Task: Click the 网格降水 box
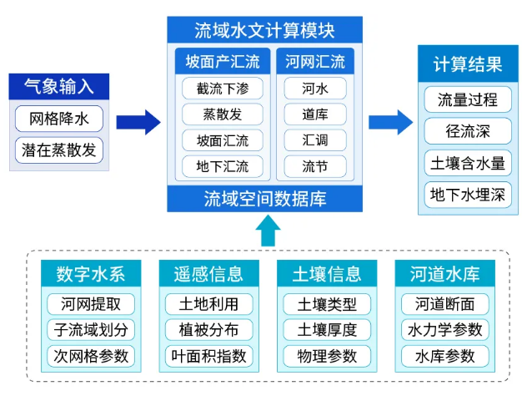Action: click(59, 119)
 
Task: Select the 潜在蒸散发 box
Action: click(59, 150)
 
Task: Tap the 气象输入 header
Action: click(59, 86)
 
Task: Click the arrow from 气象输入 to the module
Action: click(138, 123)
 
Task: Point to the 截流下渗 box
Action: click(223, 89)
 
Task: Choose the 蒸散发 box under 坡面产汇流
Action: click(223, 114)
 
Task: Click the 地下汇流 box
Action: click(223, 166)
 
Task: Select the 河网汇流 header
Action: click(315, 61)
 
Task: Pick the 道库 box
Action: click(315, 114)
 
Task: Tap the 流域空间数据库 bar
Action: click(264, 199)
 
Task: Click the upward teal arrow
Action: click(268, 231)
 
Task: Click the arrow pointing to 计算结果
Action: click(390, 123)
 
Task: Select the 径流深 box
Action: click(468, 131)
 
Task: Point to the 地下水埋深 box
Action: click(468, 195)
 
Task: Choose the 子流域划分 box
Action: click(91, 330)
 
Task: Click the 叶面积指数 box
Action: click(209, 356)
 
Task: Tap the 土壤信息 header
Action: click(327, 273)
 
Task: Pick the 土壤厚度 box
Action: click(327, 330)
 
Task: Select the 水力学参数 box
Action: click(445, 330)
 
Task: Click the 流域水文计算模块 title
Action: click(264, 30)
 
